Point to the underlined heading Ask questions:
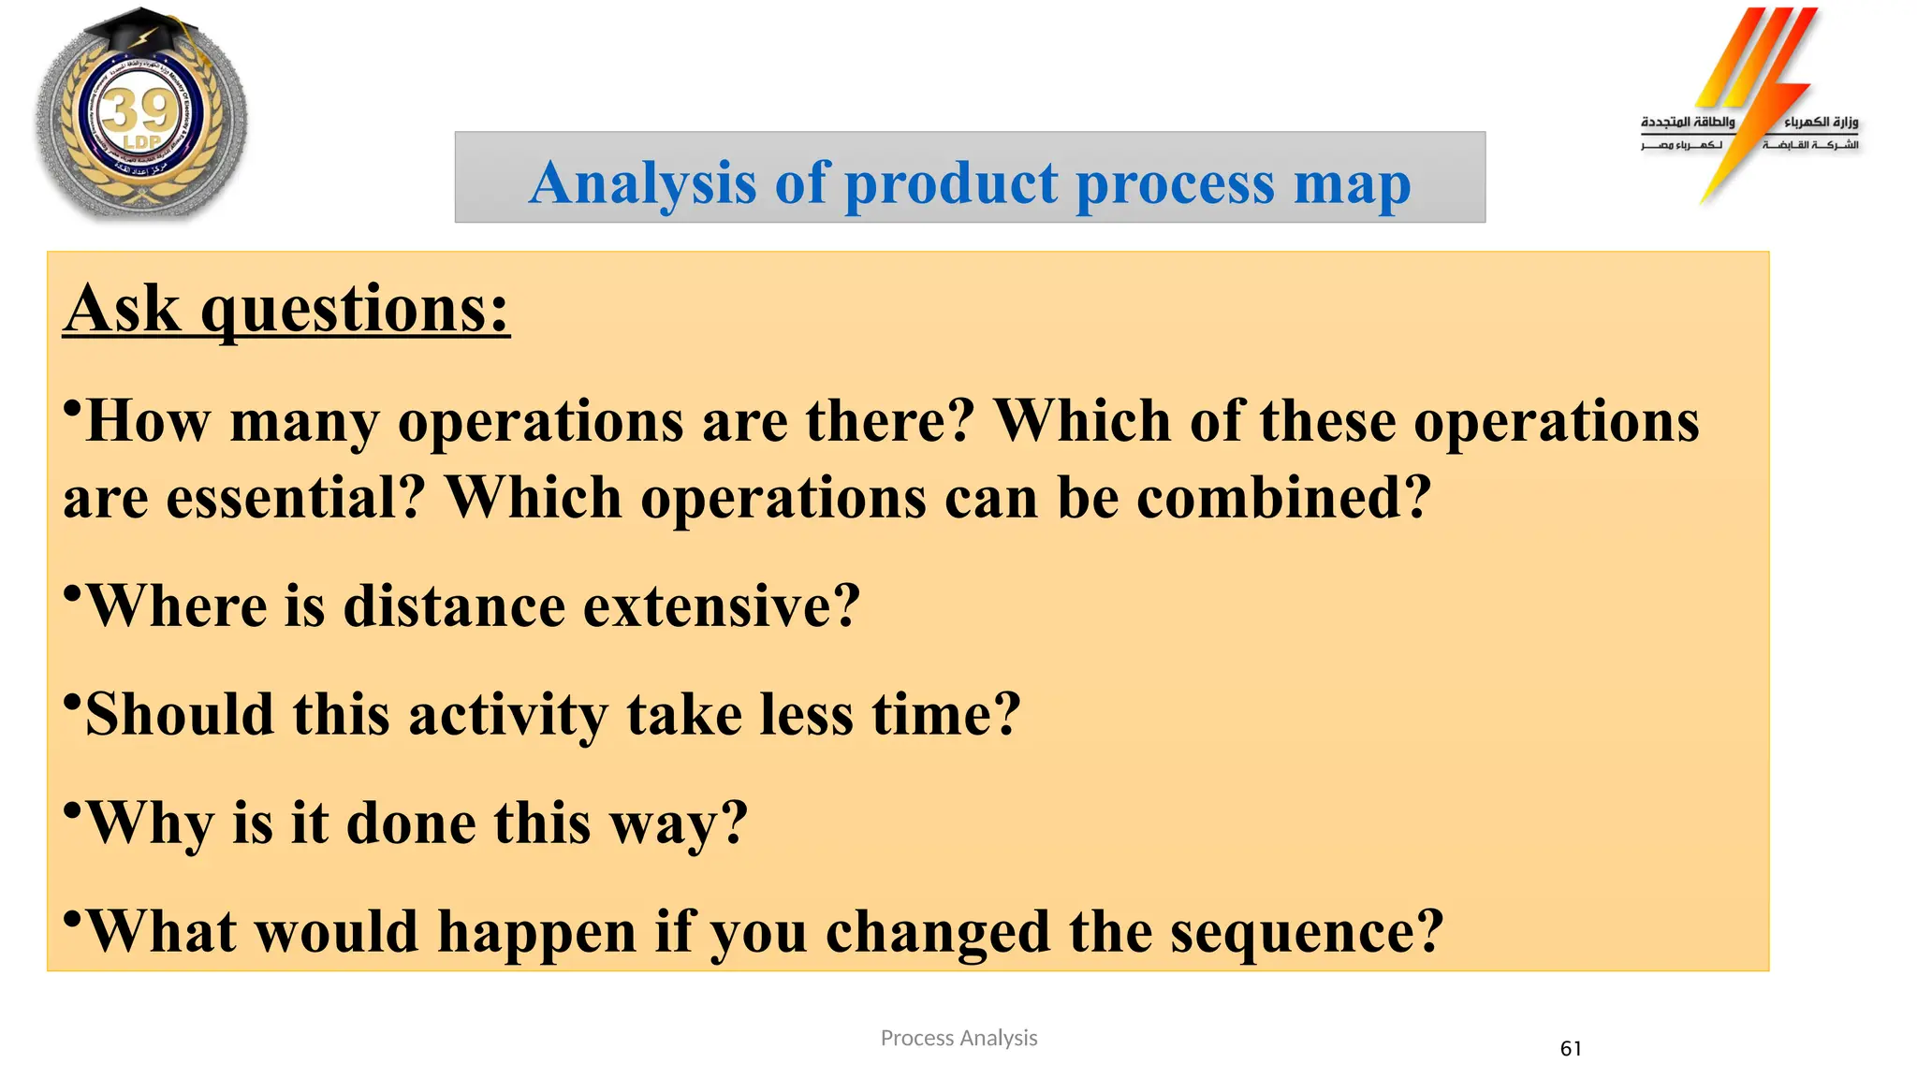tap(286, 309)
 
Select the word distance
tap(453, 606)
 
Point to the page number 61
tap(1571, 1049)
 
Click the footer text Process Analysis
tap(958, 1038)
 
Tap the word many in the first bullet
tap(304, 423)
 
